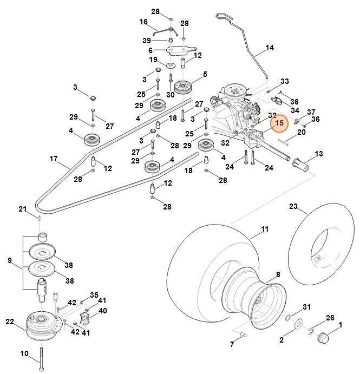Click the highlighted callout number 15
[279, 123]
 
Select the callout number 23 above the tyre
[293, 206]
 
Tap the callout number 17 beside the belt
[53, 159]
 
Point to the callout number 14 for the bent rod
[270, 48]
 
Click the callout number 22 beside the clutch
[9, 321]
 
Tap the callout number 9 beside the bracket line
[9, 261]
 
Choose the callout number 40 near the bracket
[102, 311]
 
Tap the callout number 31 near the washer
[306, 307]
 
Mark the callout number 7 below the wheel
[232, 344]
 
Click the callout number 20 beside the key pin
[302, 132]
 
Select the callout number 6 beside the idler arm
[150, 50]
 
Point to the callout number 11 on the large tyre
[265, 229]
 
